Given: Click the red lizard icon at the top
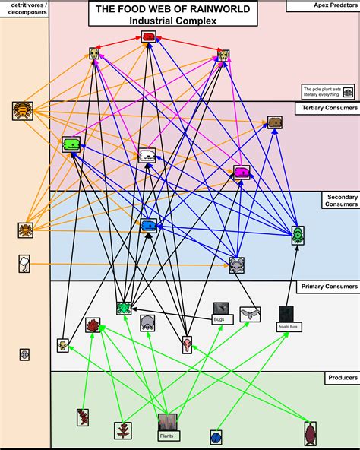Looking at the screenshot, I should click(149, 37).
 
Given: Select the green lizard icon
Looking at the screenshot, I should click(71, 144).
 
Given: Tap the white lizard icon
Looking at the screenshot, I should click(147, 155).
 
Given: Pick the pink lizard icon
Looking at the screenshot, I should click(242, 172).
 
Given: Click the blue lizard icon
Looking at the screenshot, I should click(149, 225).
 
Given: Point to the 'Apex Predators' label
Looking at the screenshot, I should click(322, 5).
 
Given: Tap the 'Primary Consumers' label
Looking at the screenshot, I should click(327, 287).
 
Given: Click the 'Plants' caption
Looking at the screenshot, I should click(167, 436).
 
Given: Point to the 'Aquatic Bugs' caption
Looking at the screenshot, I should click(286, 327).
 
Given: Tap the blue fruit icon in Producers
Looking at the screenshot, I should click(216, 437).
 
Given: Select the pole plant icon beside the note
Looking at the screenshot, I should click(348, 91).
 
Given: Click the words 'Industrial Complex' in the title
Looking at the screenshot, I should click(172, 21).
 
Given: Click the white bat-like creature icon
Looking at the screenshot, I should click(250, 313).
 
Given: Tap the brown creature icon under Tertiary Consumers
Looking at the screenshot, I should click(275, 122).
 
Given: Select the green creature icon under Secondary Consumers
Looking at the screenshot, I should click(298, 234).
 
